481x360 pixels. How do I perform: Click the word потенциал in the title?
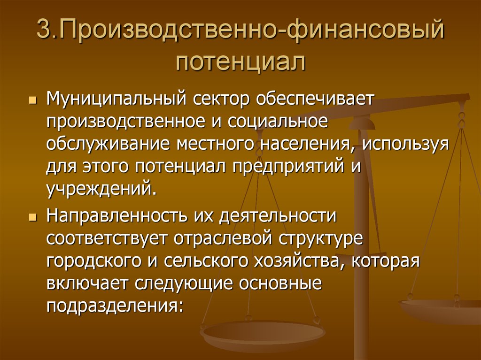click(240, 62)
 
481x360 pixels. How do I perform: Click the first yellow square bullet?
click(33, 100)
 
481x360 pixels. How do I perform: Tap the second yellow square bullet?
click(33, 217)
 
